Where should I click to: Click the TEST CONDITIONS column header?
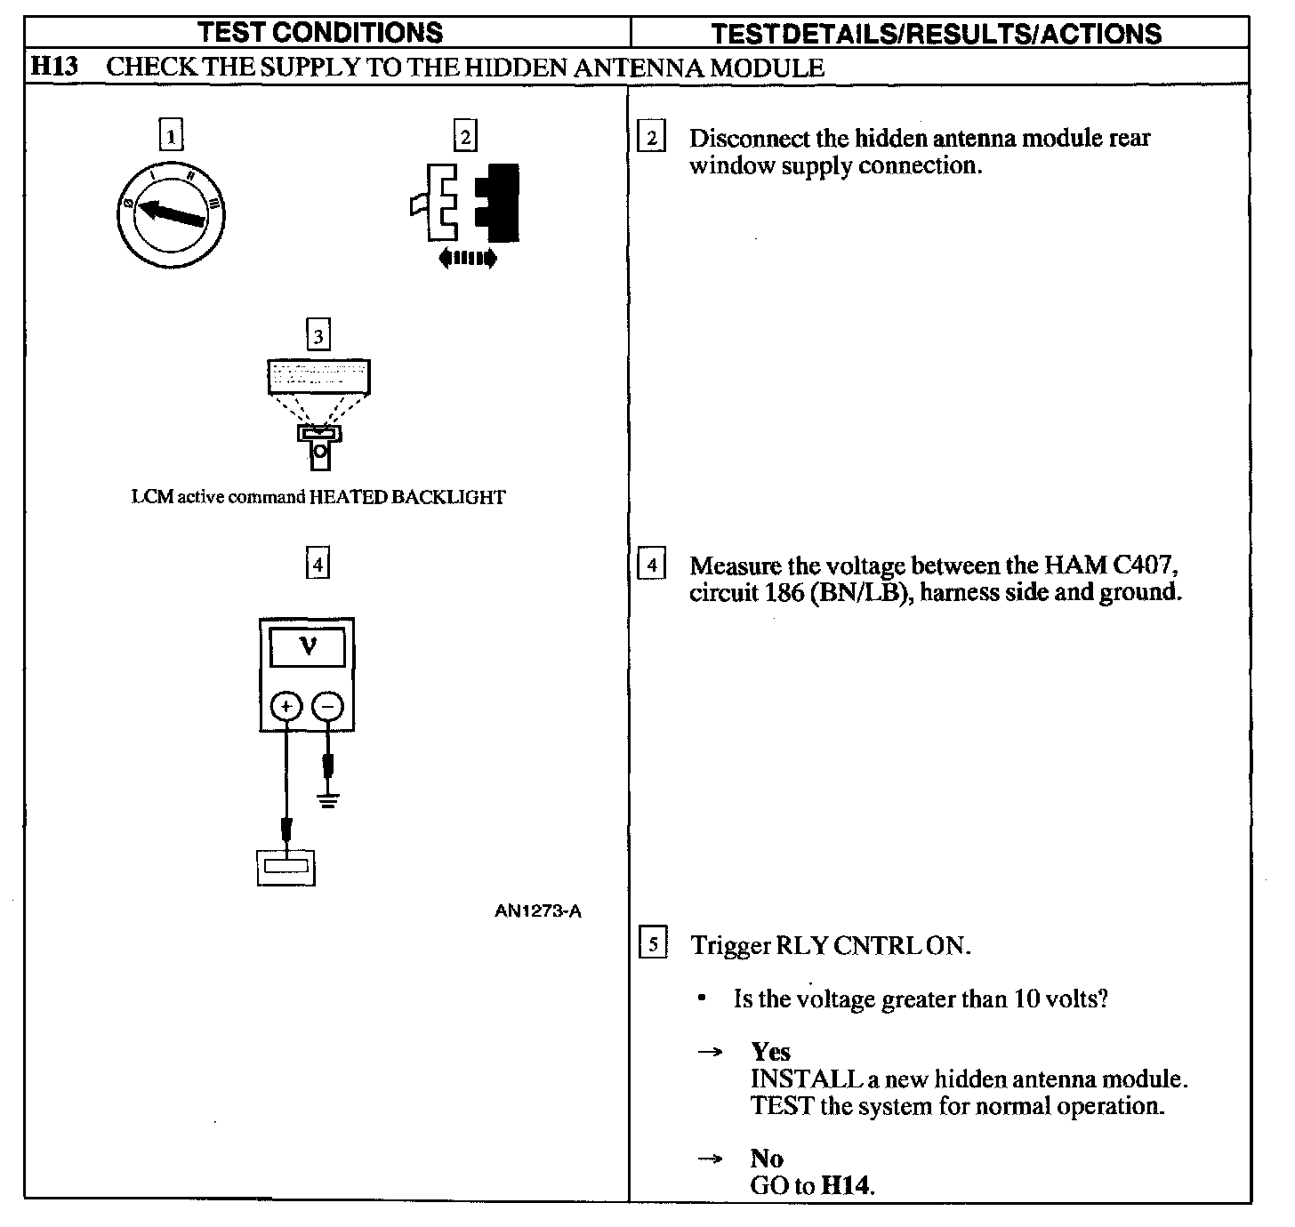coord(320,32)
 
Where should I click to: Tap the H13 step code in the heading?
coord(54,67)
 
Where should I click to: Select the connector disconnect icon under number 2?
coord(466,203)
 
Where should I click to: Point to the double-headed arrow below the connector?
coord(467,259)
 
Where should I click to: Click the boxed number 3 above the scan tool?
coord(318,337)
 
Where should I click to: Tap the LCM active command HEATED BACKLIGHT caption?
coord(318,498)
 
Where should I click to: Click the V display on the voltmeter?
coord(308,646)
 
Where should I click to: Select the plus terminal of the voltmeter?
coord(286,707)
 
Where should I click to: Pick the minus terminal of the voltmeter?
coord(329,707)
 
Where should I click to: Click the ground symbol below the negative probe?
coord(329,799)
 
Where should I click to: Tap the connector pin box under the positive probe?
coord(286,867)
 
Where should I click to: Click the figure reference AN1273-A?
coord(538,910)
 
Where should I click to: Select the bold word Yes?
coord(770,1052)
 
